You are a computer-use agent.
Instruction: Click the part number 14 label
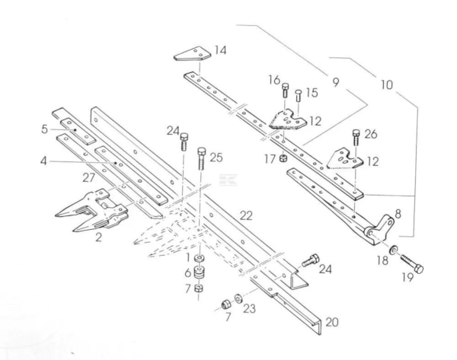(220, 50)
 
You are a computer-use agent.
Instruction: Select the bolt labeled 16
(286, 90)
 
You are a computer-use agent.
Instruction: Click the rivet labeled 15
(298, 95)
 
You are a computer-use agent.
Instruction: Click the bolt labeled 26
(356, 137)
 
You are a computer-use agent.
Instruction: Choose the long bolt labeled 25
(202, 158)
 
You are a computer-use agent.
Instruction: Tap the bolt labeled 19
(412, 263)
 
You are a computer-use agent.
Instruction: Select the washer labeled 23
(238, 298)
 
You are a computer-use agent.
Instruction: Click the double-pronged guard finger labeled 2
(93, 210)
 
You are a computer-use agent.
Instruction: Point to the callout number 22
(246, 216)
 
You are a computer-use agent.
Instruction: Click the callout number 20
(332, 323)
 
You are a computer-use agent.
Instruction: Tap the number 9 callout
(336, 82)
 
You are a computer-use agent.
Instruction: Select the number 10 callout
(387, 85)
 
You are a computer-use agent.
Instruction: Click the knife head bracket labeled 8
(379, 228)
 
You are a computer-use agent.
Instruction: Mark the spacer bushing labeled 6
(199, 272)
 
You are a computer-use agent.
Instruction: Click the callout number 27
(88, 177)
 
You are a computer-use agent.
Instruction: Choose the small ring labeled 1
(199, 258)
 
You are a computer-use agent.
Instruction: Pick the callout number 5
(44, 129)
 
